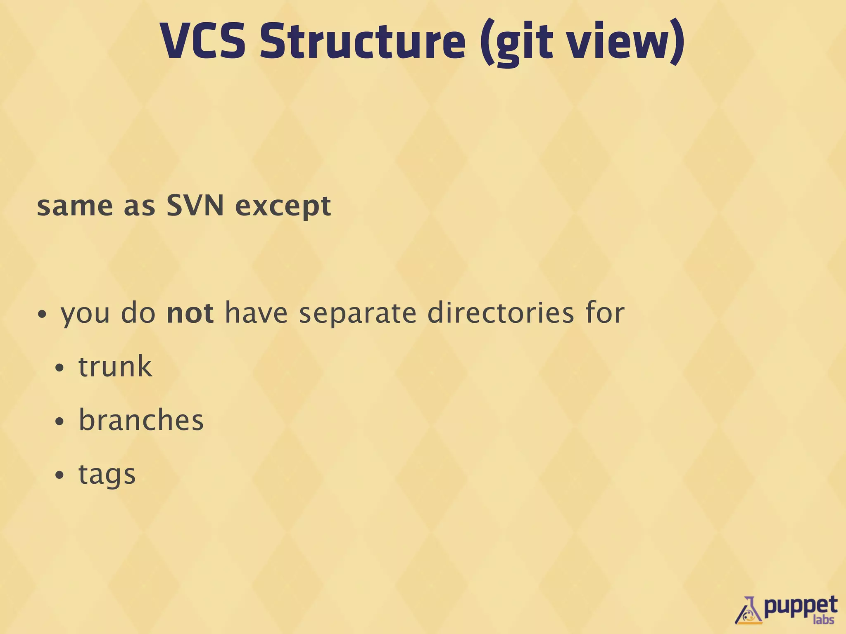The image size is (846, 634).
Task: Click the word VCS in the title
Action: [202, 41]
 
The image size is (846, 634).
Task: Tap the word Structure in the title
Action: [362, 41]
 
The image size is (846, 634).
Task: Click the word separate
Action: [358, 314]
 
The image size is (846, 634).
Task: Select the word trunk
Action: [115, 367]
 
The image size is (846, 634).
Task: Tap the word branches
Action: [141, 420]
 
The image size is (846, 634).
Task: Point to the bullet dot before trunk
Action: [60, 368]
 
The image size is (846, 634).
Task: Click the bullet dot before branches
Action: [60, 422]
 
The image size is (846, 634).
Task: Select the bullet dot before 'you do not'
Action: [42, 315]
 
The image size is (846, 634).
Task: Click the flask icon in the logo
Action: [749, 611]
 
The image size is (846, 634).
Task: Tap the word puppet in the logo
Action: [800, 607]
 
